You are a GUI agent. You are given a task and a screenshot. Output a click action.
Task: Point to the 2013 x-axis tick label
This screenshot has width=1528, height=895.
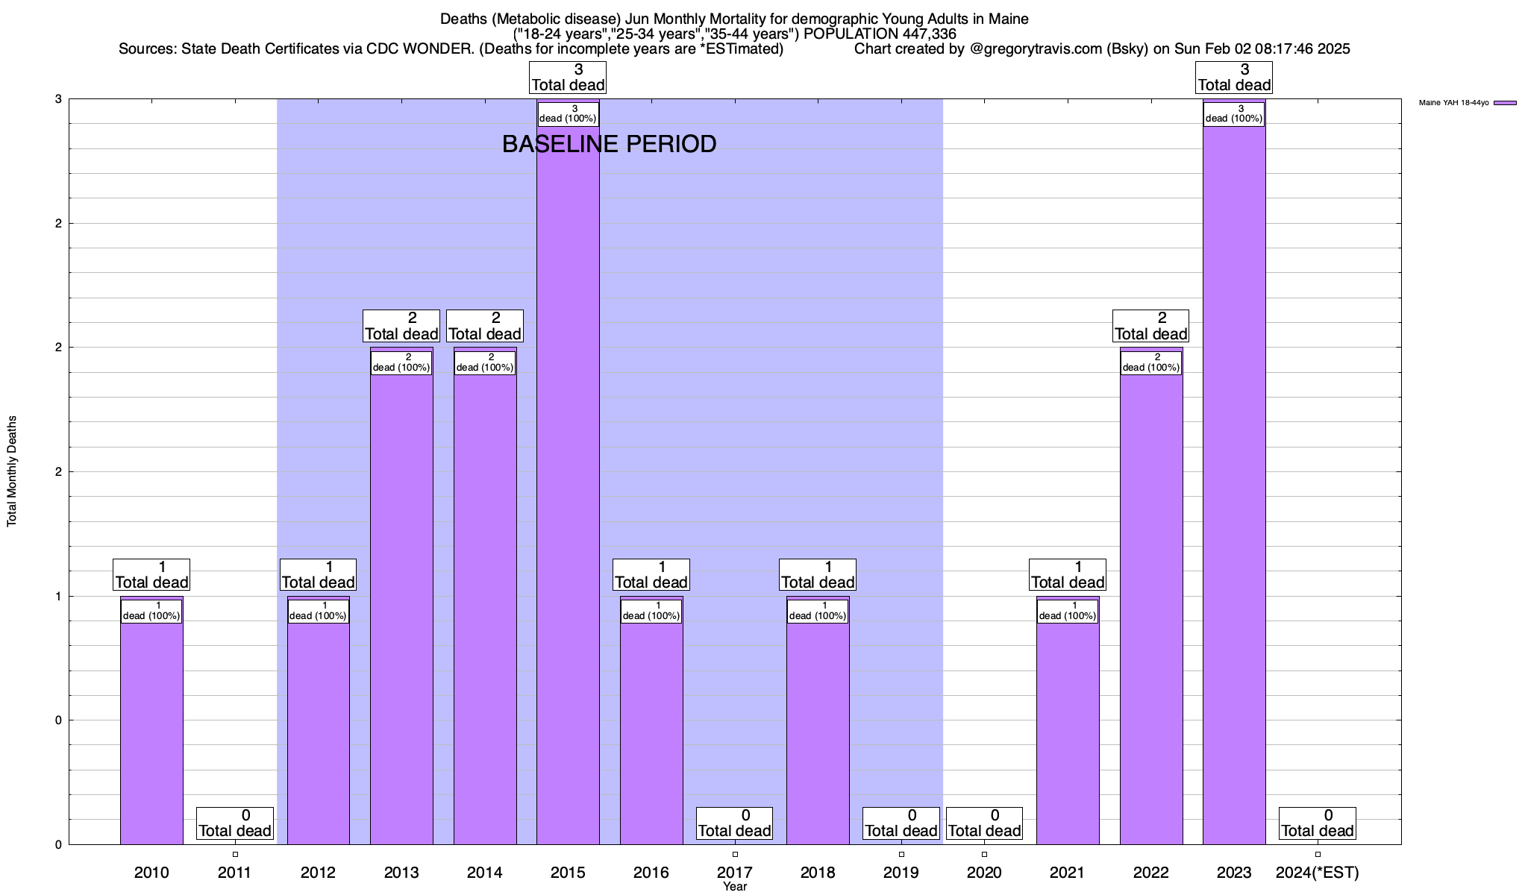[x=401, y=873]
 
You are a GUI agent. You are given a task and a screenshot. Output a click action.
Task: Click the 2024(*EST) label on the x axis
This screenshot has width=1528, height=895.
[x=1318, y=873]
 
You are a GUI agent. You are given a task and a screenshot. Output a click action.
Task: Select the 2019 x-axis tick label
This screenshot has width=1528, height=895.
[x=901, y=873]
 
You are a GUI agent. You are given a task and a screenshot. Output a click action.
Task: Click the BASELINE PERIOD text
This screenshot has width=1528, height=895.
[x=609, y=144]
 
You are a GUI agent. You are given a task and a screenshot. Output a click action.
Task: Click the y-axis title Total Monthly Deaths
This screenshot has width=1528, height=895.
[x=12, y=471]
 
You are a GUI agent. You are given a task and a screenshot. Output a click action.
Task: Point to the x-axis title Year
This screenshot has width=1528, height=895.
[x=735, y=887]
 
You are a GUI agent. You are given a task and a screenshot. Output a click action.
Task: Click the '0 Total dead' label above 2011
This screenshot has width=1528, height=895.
[x=235, y=823]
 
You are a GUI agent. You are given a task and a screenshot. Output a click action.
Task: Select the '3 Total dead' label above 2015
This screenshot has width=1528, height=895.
[x=568, y=78]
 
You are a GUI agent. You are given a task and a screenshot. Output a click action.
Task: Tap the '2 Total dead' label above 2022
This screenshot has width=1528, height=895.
[x=1150, y=326]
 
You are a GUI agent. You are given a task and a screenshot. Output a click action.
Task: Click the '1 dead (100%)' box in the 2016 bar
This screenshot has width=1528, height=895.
[x=651, y=611]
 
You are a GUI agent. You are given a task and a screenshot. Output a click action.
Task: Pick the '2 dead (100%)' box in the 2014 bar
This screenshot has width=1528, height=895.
[x=485, y=362]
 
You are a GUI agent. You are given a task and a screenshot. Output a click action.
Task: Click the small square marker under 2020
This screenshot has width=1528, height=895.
[x=985, y=854]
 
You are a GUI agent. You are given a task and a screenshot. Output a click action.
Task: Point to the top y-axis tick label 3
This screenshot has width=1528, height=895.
[x=58, y=99]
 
